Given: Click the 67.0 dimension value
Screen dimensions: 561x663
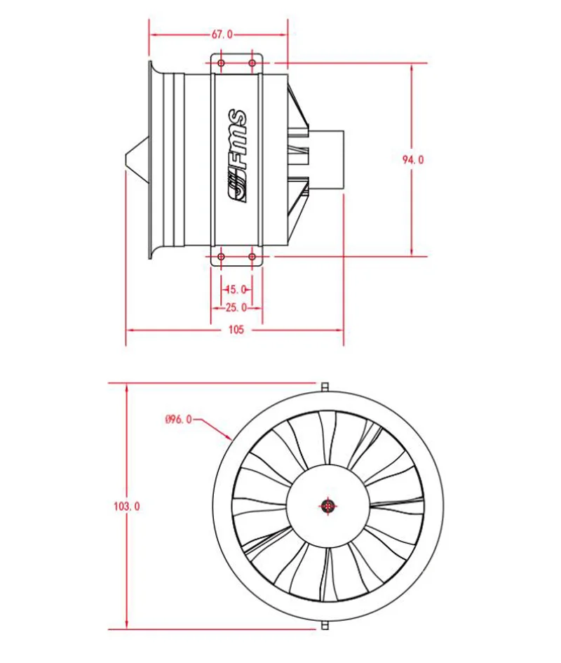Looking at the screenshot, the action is pos(222,34).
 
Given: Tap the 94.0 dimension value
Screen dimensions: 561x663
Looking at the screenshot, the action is pos(412,159).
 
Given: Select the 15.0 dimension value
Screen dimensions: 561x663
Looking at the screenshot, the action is pos(236,290).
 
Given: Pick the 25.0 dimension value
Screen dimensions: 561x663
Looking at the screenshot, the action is pos(236,307).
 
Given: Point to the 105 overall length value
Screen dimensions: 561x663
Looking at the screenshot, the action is pos(236,330).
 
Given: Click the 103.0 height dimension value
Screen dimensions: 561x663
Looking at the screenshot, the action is pos(126,506).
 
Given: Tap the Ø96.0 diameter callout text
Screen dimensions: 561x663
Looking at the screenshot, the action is pos(178,420).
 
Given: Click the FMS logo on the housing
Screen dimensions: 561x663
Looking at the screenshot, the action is pos(237,156).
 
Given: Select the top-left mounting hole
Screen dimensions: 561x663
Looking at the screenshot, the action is pos(221,63).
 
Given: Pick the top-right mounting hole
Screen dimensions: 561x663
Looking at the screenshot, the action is pos(252,63).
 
